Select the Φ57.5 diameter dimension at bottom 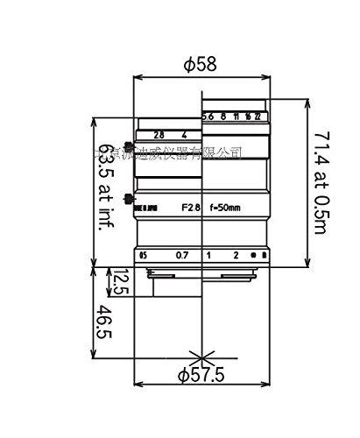click(201, 376)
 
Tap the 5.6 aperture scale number click(208, 116)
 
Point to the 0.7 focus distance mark click(181, 255)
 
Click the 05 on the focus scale click(143, 255)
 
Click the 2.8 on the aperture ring click(159, 136)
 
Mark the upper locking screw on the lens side click(131, 146)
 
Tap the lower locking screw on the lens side click(131, 198)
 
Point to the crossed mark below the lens click(201, 357)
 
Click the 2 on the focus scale click(236, 255)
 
